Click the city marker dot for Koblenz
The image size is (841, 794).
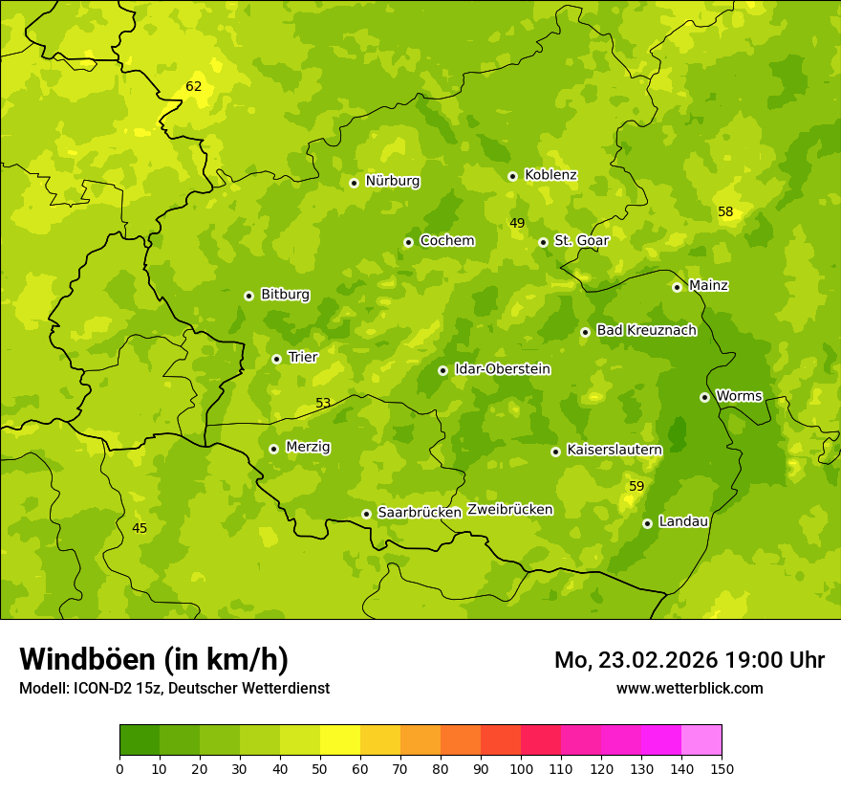pos(512,176)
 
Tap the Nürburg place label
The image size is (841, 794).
pos(392,181)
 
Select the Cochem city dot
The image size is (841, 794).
pos(408,242)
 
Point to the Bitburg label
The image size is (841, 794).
pos(285,295)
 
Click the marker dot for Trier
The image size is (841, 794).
pos(276,359)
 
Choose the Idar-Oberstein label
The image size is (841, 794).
pos(503,369)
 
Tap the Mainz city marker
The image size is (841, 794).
pos(677,287)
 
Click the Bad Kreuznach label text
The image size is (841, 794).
pos(646,331)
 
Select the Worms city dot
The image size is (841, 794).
pos(704,397)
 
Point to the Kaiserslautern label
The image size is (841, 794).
pos(614,450)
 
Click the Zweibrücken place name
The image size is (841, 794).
pos(509,510)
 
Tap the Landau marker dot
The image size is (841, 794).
pos(647,523)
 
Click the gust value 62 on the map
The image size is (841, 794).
pos(194,87)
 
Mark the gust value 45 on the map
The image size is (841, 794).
pos(140,529)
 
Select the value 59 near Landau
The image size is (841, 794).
pos(636,487)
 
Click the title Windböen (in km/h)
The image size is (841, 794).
pos(154,659)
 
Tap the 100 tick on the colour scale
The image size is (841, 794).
pos(521,768)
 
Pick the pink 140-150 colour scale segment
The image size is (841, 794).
pos(701,740)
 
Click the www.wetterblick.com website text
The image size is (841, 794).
pos(689,689)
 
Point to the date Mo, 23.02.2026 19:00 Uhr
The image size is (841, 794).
pos(689,660)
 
